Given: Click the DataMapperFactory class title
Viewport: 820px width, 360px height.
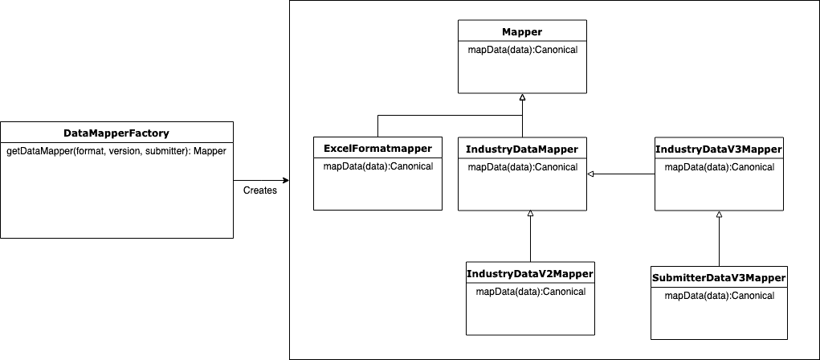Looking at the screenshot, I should (116, 133).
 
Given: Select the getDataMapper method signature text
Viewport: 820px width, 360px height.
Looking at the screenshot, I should (116, 151).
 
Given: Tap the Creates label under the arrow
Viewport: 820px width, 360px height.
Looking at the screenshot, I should (259, 190).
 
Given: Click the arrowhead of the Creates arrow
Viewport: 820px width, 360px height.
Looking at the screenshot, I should (285, 180).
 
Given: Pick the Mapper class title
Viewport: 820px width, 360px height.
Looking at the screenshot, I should (522, 32).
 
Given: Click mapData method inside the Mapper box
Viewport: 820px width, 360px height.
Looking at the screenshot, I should (522, 50).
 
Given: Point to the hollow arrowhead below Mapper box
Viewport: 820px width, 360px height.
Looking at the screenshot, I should (522, 97).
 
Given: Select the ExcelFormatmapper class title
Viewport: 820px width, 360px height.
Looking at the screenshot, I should (377, 149).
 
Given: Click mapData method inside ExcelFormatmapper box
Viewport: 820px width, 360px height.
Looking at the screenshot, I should (377, 166).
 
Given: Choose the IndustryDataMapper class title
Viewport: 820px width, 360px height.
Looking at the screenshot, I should (522, 149).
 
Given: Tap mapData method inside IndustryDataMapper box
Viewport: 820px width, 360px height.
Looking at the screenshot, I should (522, 166).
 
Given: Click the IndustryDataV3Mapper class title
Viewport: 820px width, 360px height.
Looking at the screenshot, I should (719, 149).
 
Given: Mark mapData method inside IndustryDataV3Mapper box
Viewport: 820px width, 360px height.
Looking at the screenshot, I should (719, 166).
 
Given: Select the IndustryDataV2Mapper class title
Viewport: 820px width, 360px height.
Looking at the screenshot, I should (530, 274).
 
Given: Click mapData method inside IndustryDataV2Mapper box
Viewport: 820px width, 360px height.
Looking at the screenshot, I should (530, 291).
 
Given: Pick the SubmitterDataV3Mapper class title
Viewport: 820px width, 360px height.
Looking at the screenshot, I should (719, 278).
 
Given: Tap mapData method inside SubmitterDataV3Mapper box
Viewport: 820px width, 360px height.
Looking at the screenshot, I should (719, 295).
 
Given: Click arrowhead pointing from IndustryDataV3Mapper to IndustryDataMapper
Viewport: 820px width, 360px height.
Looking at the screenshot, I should (590, 174).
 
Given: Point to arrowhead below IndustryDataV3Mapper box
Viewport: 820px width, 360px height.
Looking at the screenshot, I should (719, 215).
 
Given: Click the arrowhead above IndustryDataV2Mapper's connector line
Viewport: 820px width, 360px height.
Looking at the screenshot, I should (530, 214).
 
